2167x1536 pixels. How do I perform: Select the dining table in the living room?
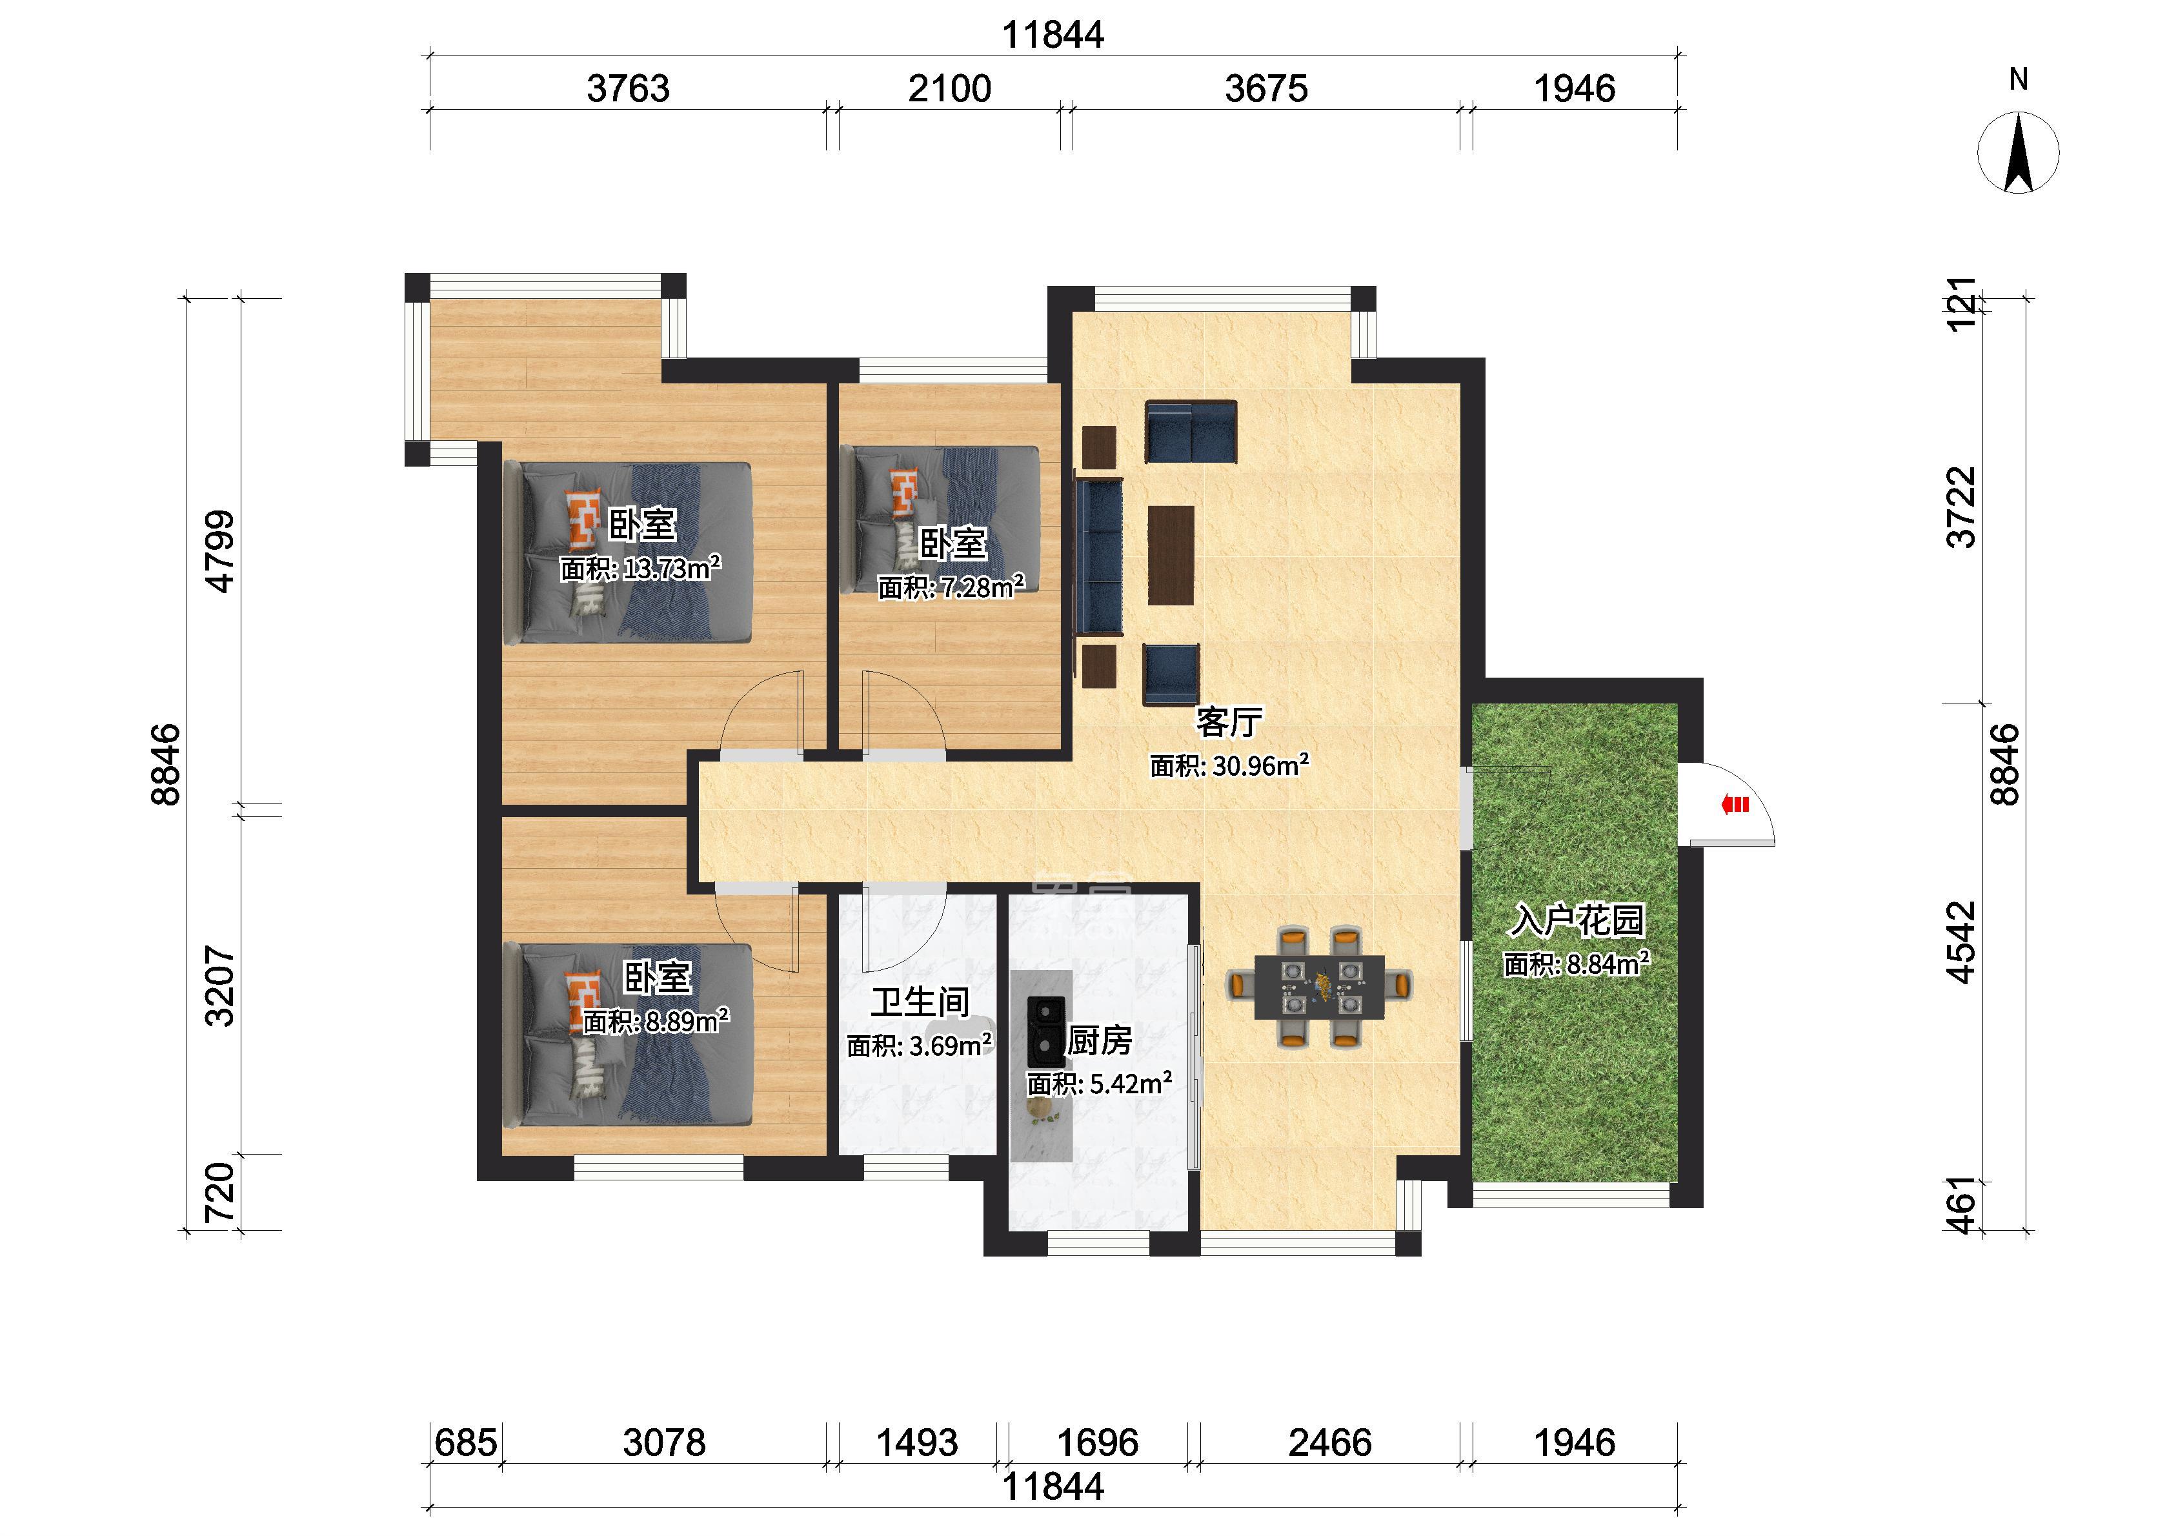tap(1319, 987)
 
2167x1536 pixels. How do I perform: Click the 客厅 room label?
tap(1229, 722)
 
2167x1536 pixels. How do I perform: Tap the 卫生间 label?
tap(920, 1002)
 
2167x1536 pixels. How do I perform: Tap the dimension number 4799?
tap(220, 551)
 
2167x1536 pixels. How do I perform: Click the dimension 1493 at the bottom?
tap(916, 1442)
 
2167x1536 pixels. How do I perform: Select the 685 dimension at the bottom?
tap(465, 1442)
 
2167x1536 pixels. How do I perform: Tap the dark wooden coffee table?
tap(1171, 555)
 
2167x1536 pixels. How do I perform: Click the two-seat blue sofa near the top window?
tap(1191, 432)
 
